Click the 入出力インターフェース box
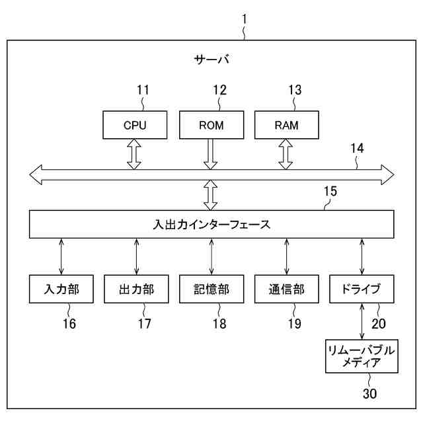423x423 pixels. pos(211,224)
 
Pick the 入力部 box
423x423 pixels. pos(61,289)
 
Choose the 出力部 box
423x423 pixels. pos(136,289)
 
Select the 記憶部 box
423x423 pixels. pos(211,289)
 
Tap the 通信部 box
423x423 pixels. pos(287,289)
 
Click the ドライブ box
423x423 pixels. pos(362,289)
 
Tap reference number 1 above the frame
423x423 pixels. pos(244,19)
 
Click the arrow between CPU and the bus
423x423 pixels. pos(135,153)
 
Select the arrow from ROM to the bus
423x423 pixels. pos(211,153)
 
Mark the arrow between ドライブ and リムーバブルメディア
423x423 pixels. pos(362,321)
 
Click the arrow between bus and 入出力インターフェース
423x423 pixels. pos(211,196)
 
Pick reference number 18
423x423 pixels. pos(219,324)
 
